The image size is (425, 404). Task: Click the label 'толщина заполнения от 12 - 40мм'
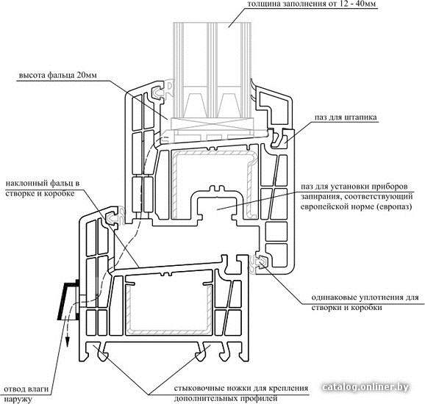pyautogui.click(x=312, y=4)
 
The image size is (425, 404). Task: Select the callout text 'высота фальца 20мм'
pyautogui.click(x=57, y=75)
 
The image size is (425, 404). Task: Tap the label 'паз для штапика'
pyautogui.click(x=346, y=118)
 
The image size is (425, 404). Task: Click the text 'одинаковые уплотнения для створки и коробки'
pyautogui.click(x=365, y=302)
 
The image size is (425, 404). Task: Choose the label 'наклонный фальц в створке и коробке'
pyautogui.click(x=43, y=189)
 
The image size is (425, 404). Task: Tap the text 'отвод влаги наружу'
pyautogui.click(x=26, y=394)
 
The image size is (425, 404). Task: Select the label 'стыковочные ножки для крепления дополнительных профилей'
pyautogui.click(x=241, y=393)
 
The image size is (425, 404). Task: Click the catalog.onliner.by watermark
pyautogui.click(x=366, y=387)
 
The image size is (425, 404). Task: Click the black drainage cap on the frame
pyautogui.click(x=68, y=300)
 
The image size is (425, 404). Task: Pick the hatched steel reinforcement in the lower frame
pyautogui.click(x=168, y=308)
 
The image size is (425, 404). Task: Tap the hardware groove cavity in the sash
pyautogui.click(x=217, y=209)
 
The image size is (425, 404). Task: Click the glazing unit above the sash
pyautogui.click(x=213, y=76)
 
